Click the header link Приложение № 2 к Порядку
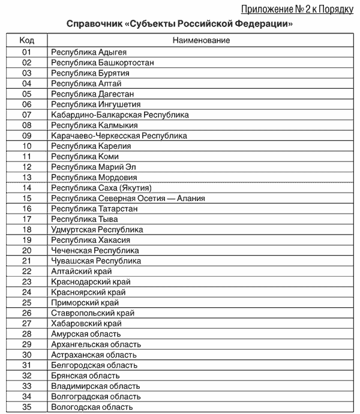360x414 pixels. (297, 9)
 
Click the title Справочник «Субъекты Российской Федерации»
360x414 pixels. (180, 25)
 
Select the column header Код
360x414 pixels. (27, 41)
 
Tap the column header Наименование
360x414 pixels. (201, 41)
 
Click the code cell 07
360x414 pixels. (27, 115)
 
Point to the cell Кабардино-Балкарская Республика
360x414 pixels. (120, 115)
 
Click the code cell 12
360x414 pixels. (27, 167)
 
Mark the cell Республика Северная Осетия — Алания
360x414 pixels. (128, 198)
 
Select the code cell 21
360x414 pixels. (27, 261)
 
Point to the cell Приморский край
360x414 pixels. (85, 303)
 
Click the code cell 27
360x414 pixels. (27, 323)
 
